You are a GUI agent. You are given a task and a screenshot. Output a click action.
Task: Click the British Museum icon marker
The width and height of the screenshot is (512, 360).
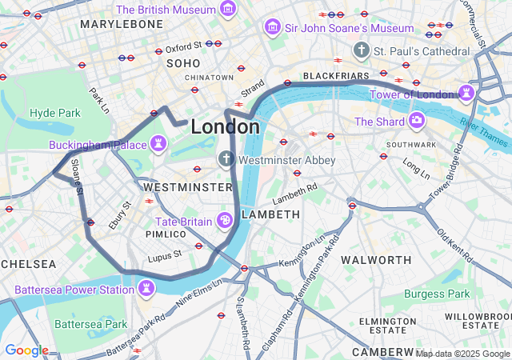(229, 10)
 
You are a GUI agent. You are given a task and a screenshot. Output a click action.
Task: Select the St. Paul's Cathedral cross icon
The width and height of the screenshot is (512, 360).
(361, 50)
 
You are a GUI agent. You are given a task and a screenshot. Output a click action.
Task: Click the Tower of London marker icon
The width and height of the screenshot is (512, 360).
(465, 94)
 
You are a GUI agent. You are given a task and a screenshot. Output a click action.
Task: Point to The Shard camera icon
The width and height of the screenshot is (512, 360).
(416, 122)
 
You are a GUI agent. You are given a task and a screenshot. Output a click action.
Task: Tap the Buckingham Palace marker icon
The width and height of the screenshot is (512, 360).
(160, 144)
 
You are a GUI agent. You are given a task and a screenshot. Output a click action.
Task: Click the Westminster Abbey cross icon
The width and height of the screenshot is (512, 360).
(226, 160)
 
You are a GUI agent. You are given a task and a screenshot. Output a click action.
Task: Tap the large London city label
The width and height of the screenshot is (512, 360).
(225, 127)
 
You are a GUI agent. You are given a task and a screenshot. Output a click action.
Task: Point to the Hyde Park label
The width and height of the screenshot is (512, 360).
(55, 113)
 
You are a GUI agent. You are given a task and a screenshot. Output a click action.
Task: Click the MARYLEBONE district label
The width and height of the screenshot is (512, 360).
(122, 24)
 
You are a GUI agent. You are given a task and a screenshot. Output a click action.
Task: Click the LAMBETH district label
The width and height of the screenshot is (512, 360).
(270, 214)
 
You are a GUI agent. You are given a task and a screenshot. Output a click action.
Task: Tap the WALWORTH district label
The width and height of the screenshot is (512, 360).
(376, 260)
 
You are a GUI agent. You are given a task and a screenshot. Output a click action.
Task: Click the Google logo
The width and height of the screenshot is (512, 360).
(26, 350)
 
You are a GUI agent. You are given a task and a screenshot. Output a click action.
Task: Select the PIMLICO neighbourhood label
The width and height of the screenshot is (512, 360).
(166, 234)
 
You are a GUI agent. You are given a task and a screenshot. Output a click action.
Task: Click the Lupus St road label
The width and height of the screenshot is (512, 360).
(165, 256)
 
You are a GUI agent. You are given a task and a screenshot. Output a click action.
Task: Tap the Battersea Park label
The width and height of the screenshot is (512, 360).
(91, 324)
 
